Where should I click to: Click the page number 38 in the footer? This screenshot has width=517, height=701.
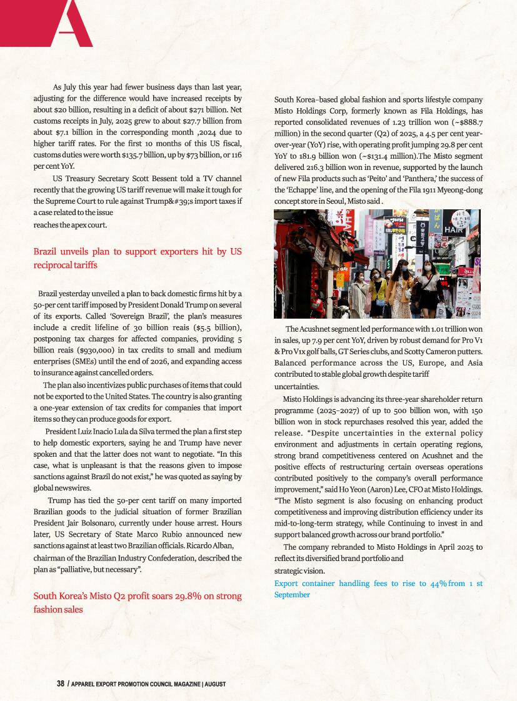click(61, 684)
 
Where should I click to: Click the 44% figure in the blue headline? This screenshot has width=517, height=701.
click(438, 583)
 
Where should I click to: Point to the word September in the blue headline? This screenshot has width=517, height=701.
click(292, 595)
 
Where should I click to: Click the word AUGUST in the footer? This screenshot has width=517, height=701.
click(215, 684)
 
